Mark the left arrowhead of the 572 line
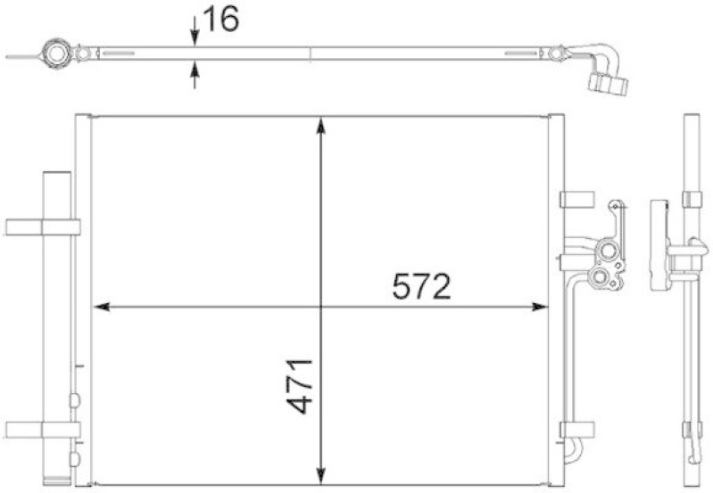pyautogui.click(x=101, y=307)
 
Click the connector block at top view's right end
pyautogui.click(x=609, y=85)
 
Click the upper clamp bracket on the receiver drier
pyautogui.click(x=42, y=226)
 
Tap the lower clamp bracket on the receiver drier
pyautogui.click(x=42, y=428)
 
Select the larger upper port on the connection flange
pyautogui.click(x=609, y=251)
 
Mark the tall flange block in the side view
pyautogui.click(x=659, y=245)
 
